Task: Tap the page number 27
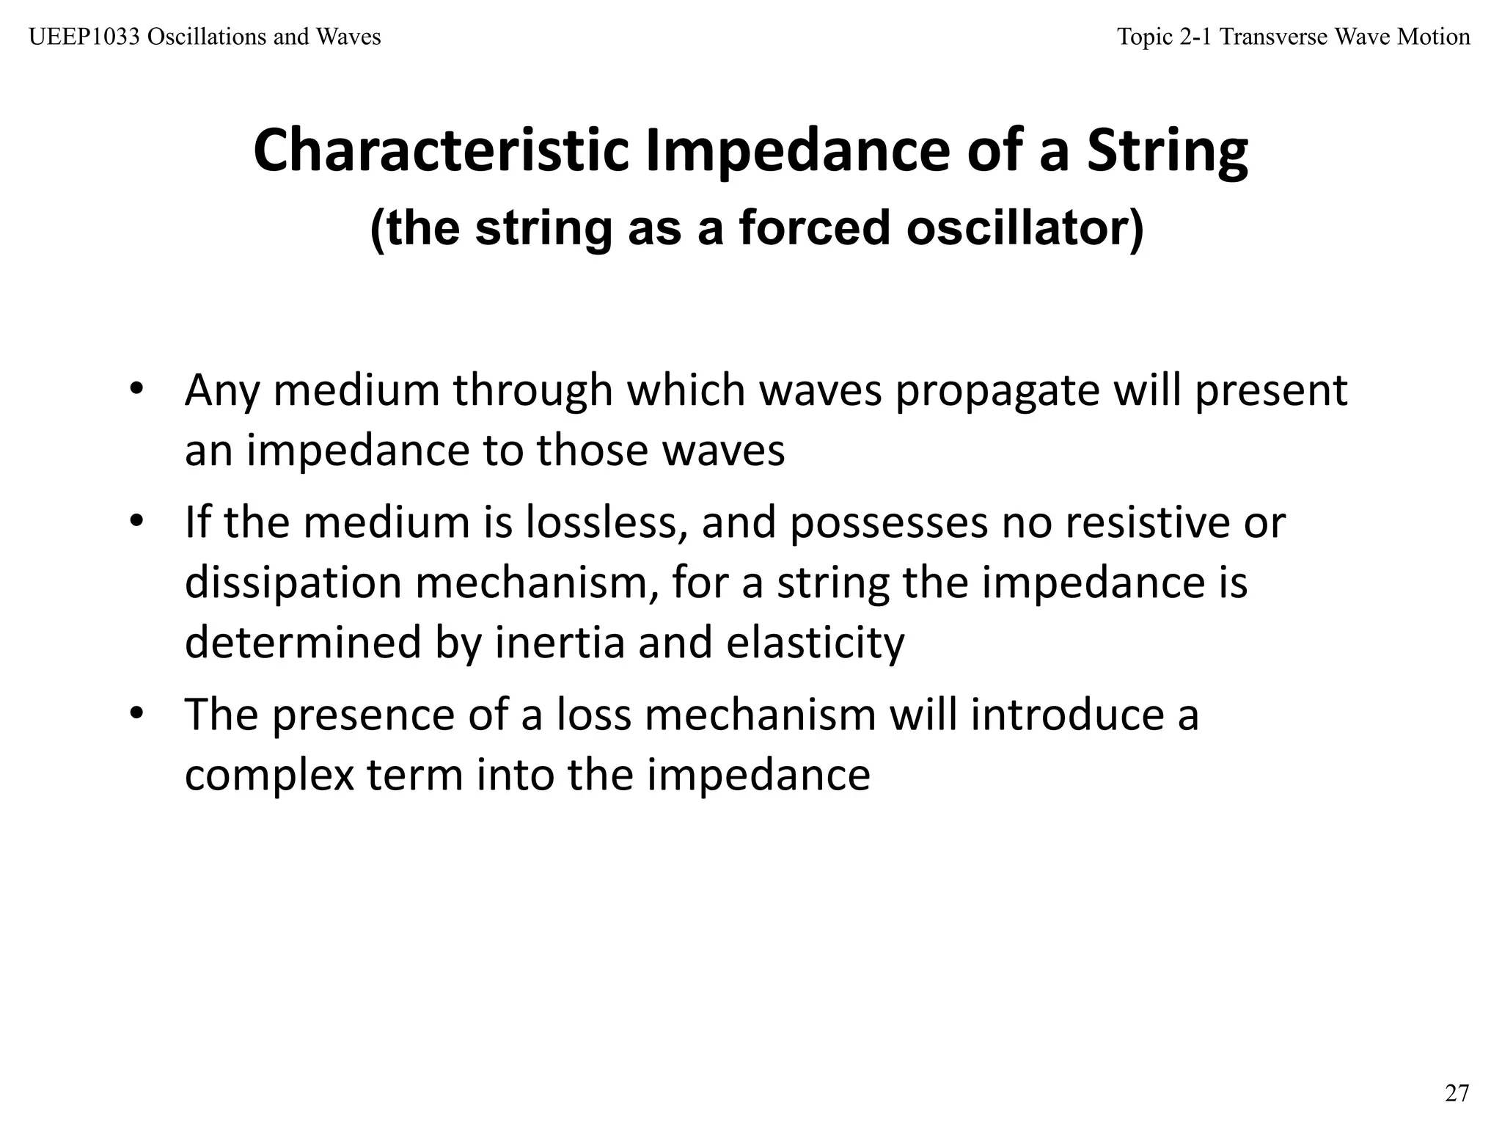coord(1457,1093)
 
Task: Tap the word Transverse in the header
coord(1273,37)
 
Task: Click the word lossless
coord(605,522)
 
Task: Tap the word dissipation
coord(293,583)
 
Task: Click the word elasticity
coord(815,642)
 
